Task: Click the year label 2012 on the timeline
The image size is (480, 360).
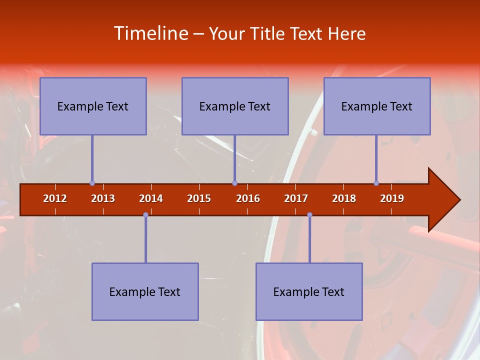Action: [x=55, y=198]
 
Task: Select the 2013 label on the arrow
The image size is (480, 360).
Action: [x=103, y=198]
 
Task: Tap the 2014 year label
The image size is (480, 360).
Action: [x=151, y=198]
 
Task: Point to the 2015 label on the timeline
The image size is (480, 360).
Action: [x=199, y=198]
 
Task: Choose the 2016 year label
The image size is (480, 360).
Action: [x=248, y=198]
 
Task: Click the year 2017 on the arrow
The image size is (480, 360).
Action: [x=296, y=198]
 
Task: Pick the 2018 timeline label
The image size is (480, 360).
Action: [x=344, y=198]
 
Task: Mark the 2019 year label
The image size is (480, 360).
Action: [x=392, y=198]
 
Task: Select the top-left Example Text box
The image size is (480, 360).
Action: [x=93, y=106]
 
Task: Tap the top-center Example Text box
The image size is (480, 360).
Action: [x=235, y=106]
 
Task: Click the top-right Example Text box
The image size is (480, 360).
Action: [x=377, y=106]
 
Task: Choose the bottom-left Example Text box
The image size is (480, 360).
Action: [x=145, y=291]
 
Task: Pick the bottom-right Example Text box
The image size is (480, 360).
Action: [x=309, y=291]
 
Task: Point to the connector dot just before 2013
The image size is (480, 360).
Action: [x=92, y=183]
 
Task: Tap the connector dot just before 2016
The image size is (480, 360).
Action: [x=234, y=183]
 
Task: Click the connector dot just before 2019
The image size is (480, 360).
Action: [x=376, y=183]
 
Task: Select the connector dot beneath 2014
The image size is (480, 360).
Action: [x=145, y=214]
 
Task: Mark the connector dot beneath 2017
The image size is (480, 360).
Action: [x=309, y=214]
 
